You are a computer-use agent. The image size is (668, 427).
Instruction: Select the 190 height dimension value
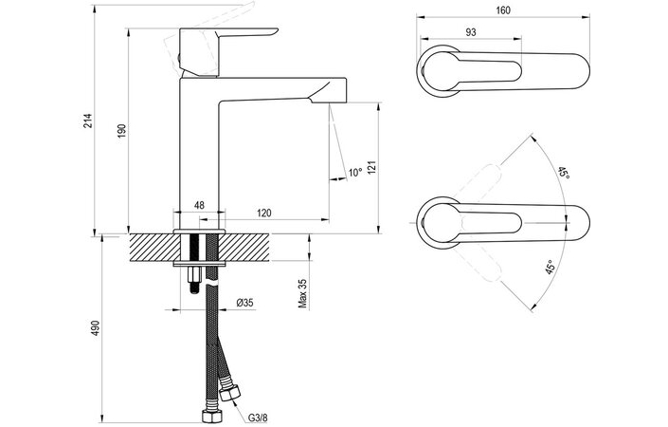(120, 130)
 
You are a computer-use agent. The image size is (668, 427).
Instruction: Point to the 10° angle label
(354, 173)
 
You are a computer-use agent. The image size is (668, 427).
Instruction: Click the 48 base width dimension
(199, 205)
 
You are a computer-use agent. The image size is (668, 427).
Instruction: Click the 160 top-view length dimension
(502, 10)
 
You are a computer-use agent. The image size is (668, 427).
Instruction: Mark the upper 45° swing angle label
(563, 174)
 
